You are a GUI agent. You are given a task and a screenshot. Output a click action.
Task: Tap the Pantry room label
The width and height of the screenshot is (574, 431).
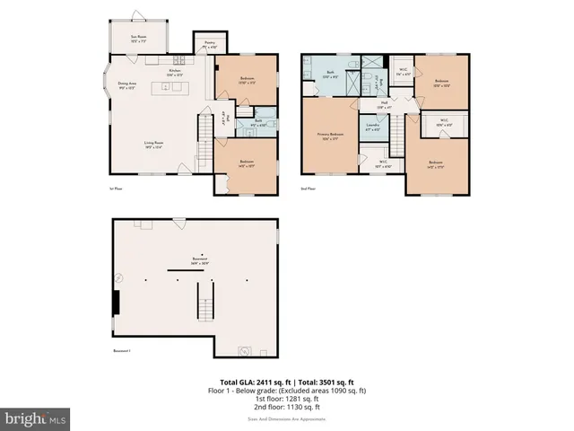point(209,44)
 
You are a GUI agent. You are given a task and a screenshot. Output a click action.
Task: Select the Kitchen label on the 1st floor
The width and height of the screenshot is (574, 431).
point(176,73)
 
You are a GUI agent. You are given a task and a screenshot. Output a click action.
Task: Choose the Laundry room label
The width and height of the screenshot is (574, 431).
point(372,128)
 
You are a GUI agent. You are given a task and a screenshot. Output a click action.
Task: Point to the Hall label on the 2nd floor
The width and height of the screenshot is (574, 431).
point(383,105)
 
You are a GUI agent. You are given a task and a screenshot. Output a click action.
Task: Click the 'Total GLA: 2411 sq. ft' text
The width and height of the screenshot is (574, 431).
point(255,383)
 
